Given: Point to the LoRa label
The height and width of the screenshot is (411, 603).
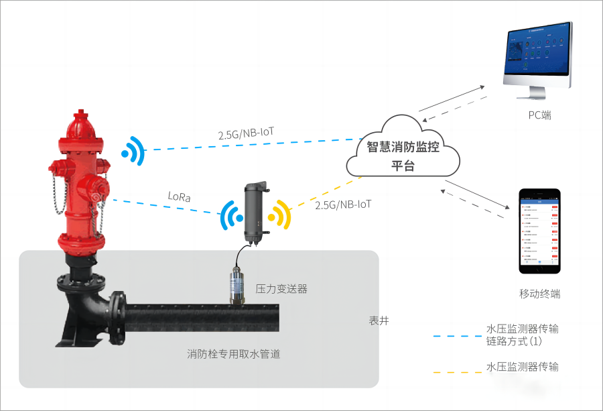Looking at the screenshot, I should tap(179, 197).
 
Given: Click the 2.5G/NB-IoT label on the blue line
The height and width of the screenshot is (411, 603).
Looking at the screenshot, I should tap(247, 133).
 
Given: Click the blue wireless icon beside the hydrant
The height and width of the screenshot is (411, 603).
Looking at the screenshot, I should tap(133, 152).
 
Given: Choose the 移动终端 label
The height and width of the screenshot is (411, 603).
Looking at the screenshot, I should tap(539, 294).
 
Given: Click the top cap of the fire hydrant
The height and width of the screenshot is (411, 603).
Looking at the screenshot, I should tap(81, 117).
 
